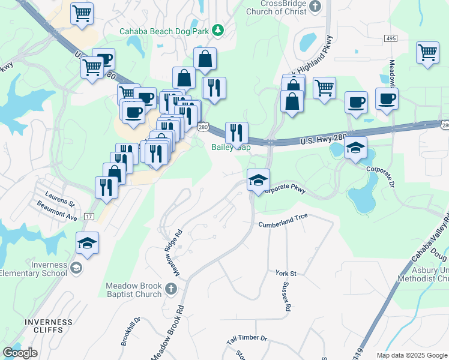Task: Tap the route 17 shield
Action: click(89, 217)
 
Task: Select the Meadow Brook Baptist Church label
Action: click(133, 290)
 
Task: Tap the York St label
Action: click(286, 273)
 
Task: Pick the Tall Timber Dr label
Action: click(247, 339)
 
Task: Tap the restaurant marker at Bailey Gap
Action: click(237, 133)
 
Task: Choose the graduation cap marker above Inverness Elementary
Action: click(88, 243)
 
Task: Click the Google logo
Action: click(20, 353)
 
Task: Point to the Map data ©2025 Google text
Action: click(411, 355)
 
